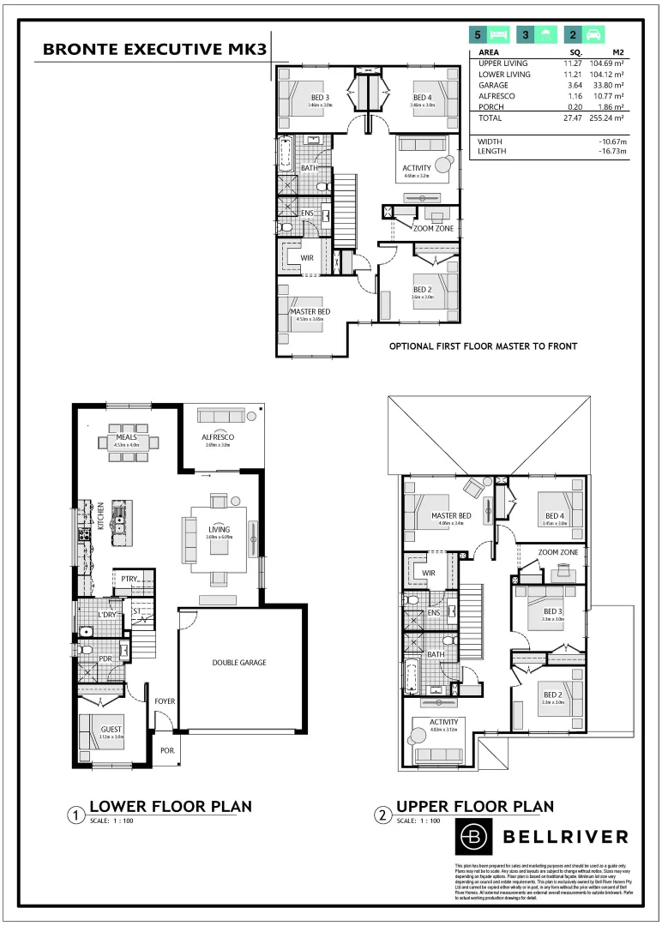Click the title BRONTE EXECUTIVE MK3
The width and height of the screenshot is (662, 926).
(x=154, y=50)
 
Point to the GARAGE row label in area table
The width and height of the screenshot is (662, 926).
(x=493, y=86)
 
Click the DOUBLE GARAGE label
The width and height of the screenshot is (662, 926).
(x=239, y=662)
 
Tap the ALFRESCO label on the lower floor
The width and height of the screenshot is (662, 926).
(x=218, y=436)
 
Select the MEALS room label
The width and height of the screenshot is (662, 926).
(x=128, y=436)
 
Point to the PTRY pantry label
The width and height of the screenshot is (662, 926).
(x=130, y=580)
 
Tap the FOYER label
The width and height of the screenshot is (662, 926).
(x=165, y=701)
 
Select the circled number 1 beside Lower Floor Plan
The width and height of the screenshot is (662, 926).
(x=76, y=815)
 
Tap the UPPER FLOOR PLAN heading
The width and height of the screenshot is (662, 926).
(x=474, y=806)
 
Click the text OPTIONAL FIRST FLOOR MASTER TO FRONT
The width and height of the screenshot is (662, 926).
(x=483, y=346)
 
